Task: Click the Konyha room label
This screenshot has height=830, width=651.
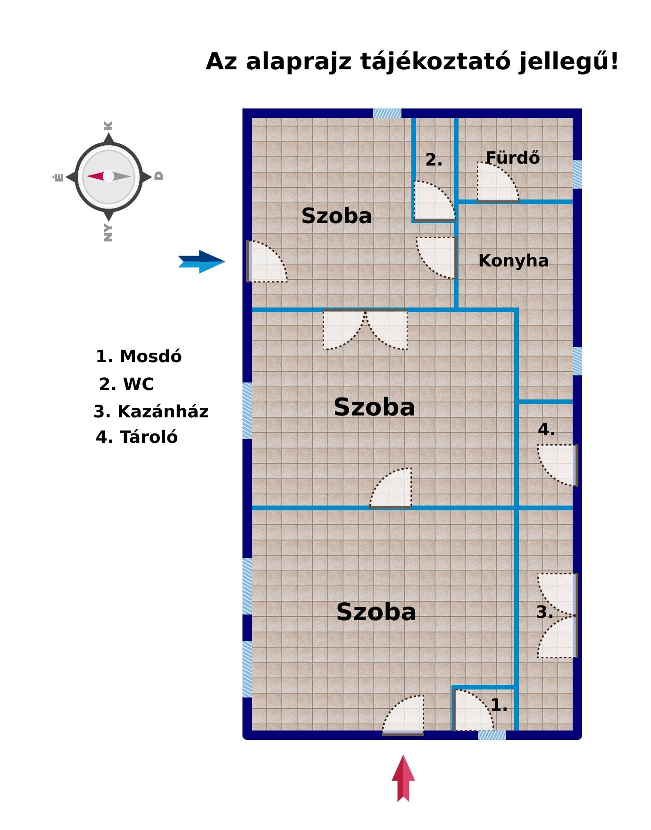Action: pos(513,261)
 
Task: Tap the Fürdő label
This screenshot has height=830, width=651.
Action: pos(512,158)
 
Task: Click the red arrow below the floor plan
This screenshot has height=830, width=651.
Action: pos(403,778)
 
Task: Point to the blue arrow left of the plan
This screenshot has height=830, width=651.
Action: pos(201,262)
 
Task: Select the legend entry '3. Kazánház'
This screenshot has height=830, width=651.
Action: pos(151,412)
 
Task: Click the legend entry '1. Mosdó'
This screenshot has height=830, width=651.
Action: pos(139,357)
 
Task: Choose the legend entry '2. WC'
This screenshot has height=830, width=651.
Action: pos(126,384)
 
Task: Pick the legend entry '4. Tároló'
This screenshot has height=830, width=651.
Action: pos(137,437)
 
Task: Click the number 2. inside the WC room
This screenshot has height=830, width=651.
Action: pos(434,160)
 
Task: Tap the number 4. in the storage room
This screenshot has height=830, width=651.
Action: pos(546,430)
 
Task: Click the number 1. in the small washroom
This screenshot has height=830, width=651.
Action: pos(499,705)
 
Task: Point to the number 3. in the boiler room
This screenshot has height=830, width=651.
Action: pos(545,612)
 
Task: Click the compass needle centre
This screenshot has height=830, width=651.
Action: pos(108,176)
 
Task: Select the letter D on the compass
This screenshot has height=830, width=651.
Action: pos(159,176)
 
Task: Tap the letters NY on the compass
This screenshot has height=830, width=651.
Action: pos(108,233)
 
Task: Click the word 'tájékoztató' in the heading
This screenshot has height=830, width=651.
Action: pos(435,62)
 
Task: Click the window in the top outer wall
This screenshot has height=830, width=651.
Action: pos(387,113)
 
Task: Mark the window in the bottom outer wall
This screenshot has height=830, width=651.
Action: pos(492,735)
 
